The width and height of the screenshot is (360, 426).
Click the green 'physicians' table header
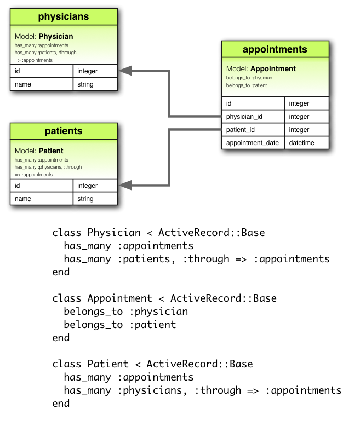coord(64,17)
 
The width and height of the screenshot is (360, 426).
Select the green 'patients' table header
coord(64,131)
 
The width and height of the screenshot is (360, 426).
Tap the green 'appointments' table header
coord(275,49)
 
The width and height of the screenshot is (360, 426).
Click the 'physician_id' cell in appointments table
coord(253,117)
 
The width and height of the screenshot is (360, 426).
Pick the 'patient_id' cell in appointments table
coord(253,130)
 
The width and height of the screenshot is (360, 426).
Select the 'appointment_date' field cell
coord(253,143)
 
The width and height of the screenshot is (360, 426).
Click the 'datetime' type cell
coord(306,143)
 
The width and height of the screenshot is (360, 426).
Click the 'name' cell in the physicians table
coord(42,84)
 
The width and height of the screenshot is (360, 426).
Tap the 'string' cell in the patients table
coord(95,199)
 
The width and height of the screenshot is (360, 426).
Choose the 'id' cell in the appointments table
coord(253,103)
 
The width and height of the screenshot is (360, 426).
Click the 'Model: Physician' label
coord(44,37)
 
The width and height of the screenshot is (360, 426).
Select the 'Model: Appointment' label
coord(261,69)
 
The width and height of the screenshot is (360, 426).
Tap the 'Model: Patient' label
coord(39,151)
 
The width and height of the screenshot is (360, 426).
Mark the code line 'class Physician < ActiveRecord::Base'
coord(158,233)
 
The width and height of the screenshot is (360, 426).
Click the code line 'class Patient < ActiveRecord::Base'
coord(152,364)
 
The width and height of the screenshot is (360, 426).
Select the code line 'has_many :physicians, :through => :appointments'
coord(202,390)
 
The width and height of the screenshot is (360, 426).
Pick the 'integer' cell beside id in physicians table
coord(95,71)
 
